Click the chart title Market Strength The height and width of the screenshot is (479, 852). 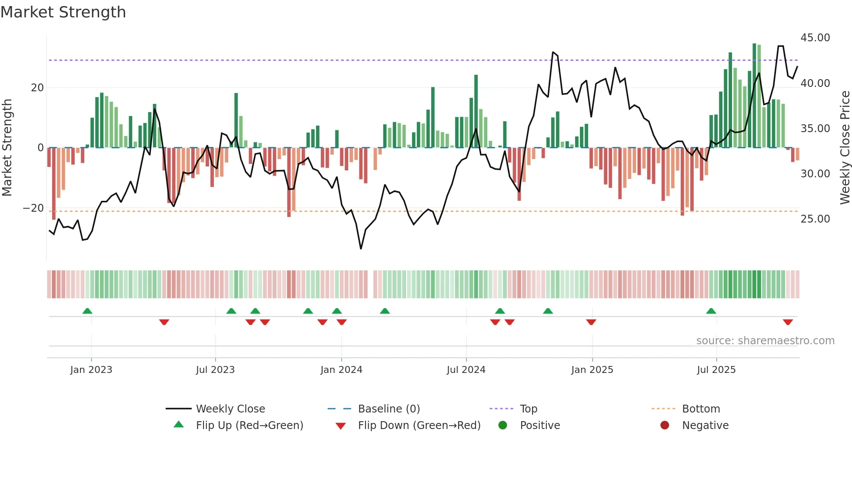(63, 12)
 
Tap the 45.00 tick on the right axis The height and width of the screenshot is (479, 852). (815, 38)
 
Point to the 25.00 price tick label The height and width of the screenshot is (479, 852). (815, 219)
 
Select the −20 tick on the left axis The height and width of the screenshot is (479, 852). (33, 208)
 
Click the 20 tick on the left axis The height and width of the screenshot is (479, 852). (37, 88)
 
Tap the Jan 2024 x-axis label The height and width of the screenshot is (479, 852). (341, 370)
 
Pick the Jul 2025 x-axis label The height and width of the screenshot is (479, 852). (716, 370)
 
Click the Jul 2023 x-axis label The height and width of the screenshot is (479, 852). (215, 370)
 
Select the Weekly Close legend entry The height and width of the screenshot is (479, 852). (230, 409)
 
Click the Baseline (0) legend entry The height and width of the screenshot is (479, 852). (389, 409)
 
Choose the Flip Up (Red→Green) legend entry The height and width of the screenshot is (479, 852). (249, 426)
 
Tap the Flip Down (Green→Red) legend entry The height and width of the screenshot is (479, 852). (419, 426)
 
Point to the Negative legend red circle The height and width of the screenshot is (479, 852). (665, 425)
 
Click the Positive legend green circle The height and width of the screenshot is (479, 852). (503, 425)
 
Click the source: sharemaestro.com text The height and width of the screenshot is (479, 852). (765, 341)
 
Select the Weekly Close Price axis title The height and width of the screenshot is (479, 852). (845, 148)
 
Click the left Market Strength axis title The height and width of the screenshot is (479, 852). (7, 148)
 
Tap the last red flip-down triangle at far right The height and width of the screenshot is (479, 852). (788, 322)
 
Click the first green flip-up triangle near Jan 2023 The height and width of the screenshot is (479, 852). (87, 311)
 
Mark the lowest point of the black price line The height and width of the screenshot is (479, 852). (361, 249)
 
